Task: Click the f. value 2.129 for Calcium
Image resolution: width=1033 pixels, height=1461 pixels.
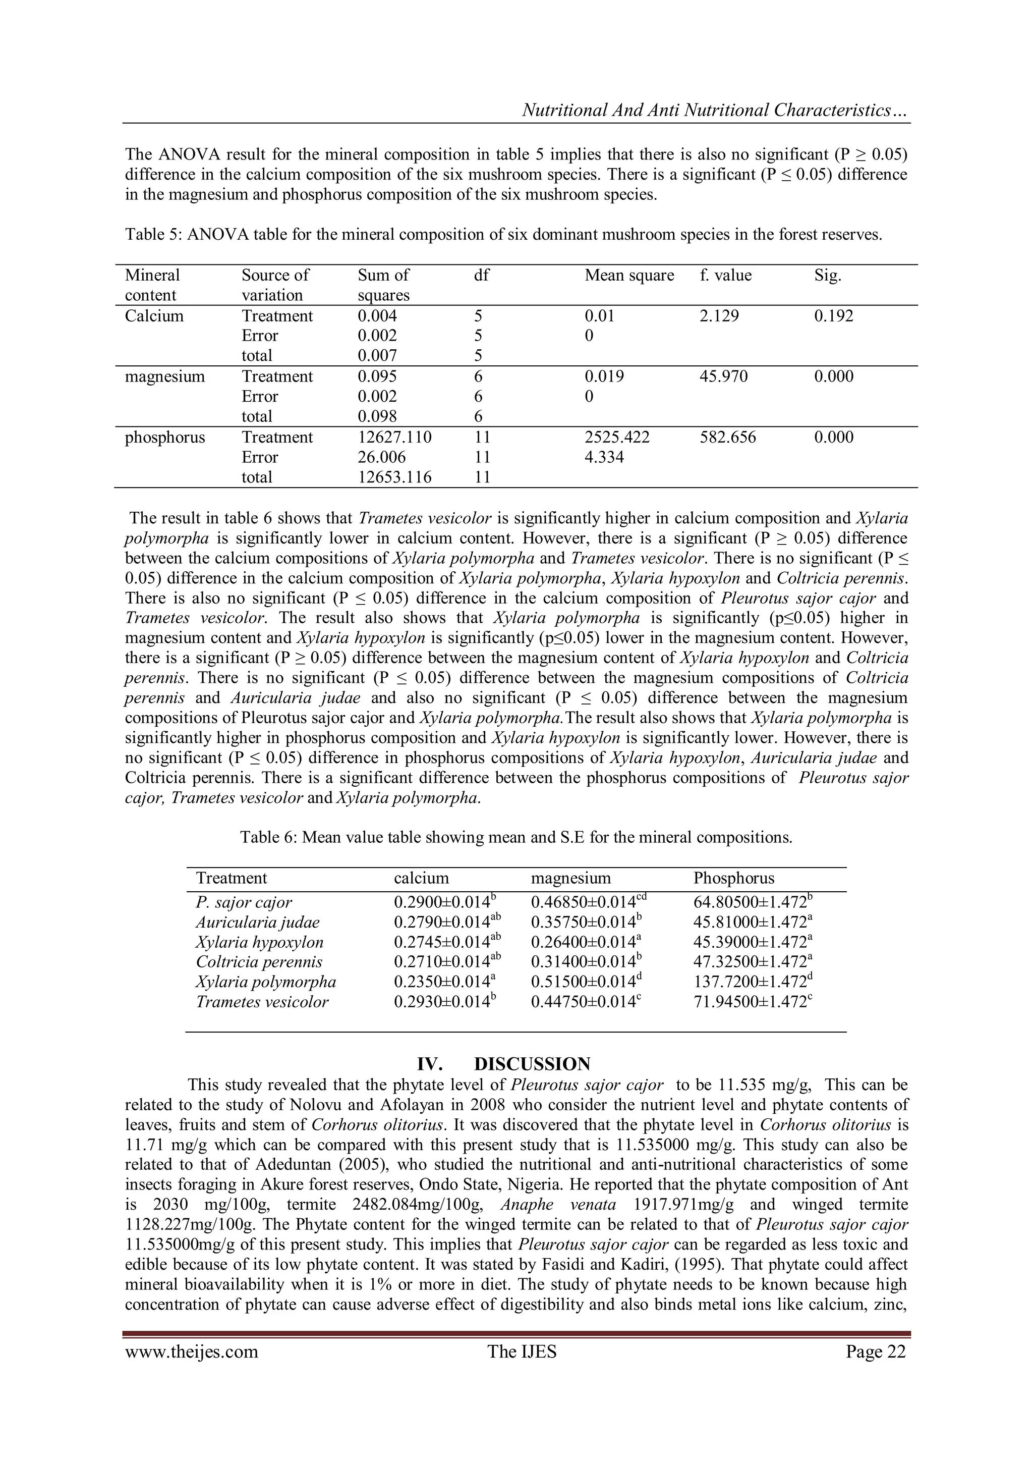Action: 719,316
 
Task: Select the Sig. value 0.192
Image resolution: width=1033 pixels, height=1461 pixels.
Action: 833,316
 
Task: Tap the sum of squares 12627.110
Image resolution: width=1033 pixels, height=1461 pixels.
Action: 394,437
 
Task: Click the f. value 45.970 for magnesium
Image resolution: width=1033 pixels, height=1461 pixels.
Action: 723,376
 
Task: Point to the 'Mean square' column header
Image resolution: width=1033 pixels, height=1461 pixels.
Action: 629,276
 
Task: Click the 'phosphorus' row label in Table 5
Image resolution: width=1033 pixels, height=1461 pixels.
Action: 165,437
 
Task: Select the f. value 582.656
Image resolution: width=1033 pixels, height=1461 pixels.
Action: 728,437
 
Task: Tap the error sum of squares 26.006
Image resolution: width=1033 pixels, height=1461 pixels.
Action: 382,457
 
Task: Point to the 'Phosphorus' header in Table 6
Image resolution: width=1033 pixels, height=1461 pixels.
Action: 733,878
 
